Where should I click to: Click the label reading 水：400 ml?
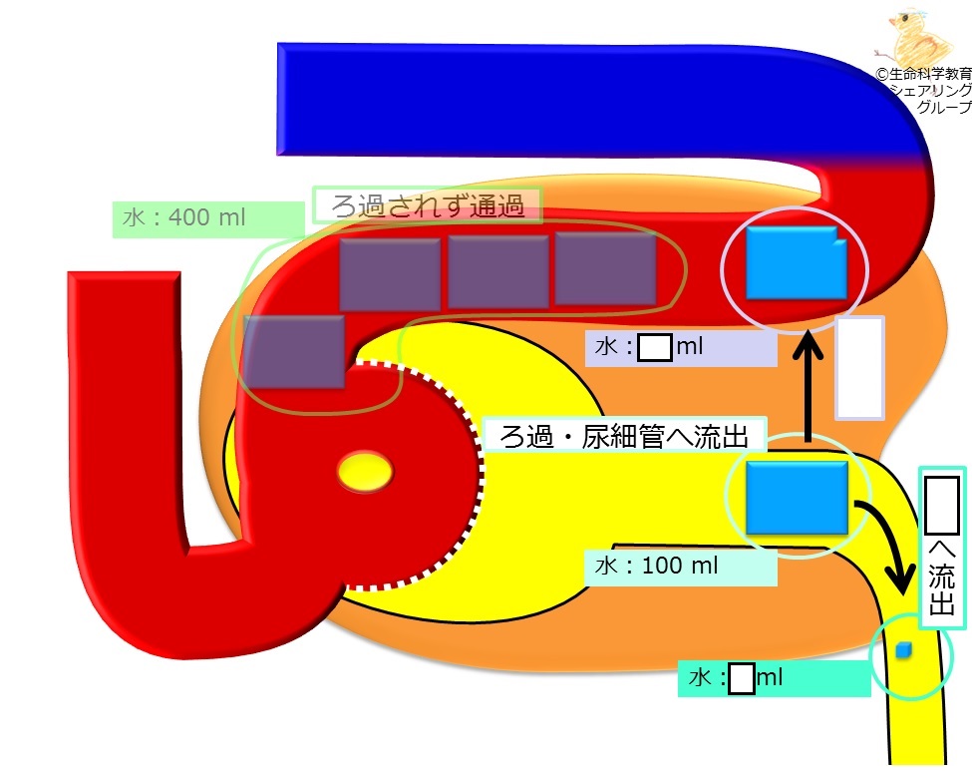(184, 217)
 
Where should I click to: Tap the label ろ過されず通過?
(428, 205)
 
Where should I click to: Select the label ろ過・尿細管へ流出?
(624, 436)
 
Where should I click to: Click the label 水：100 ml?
(656, 566)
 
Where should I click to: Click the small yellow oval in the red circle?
(365, 472)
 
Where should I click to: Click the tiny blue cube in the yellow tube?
(904, 650)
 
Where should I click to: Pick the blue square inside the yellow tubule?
(797, 498)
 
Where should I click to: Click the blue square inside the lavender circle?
(797, 263)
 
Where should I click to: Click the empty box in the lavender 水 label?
(655, 348)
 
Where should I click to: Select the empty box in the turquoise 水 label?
(742, 678)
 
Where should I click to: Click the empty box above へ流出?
(942, 506)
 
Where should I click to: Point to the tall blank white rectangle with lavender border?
(859, 368)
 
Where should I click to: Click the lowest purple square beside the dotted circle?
(294, 352)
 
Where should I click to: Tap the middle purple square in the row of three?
(498, 272)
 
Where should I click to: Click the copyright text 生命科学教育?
(929, 74)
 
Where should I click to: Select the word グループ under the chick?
(944, 106)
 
